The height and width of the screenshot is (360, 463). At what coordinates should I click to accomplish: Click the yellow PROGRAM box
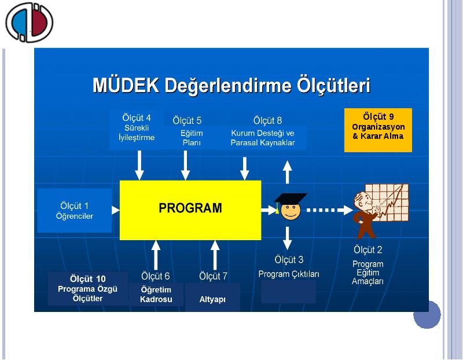[190, 210]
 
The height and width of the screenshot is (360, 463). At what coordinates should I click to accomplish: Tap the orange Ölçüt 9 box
[378, 130]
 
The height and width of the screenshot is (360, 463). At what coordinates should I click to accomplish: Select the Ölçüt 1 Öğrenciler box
[75, 210]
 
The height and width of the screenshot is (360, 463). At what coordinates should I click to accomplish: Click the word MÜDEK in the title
[126, 85]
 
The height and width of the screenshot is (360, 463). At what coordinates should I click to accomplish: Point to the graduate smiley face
[291, 211]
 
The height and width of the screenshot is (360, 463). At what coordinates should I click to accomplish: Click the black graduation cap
[291, 199]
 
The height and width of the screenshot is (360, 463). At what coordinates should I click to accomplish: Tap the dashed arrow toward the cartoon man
[329, 210]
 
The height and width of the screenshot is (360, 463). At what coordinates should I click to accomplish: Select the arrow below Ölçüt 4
[139, 165]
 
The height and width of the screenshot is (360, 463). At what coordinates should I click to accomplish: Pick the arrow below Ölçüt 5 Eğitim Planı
[185, 165]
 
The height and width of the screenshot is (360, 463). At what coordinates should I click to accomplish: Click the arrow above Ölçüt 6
[156, 255]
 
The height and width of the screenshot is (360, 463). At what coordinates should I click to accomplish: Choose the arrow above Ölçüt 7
[215, 255]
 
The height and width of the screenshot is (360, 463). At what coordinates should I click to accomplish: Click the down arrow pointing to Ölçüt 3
[287, 238]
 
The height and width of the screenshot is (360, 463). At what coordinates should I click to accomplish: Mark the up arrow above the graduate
[287, 172]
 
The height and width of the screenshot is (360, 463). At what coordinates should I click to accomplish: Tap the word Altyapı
[212, 299]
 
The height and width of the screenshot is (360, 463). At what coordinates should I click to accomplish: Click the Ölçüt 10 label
[88, 279]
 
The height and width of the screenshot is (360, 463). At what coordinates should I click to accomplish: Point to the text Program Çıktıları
[289, 274]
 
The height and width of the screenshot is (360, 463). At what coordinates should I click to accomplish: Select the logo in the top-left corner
[29, 23]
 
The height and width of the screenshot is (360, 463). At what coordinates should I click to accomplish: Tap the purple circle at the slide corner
[427, 315]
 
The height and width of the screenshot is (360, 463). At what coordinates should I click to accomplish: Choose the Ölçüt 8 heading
[267, 120]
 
